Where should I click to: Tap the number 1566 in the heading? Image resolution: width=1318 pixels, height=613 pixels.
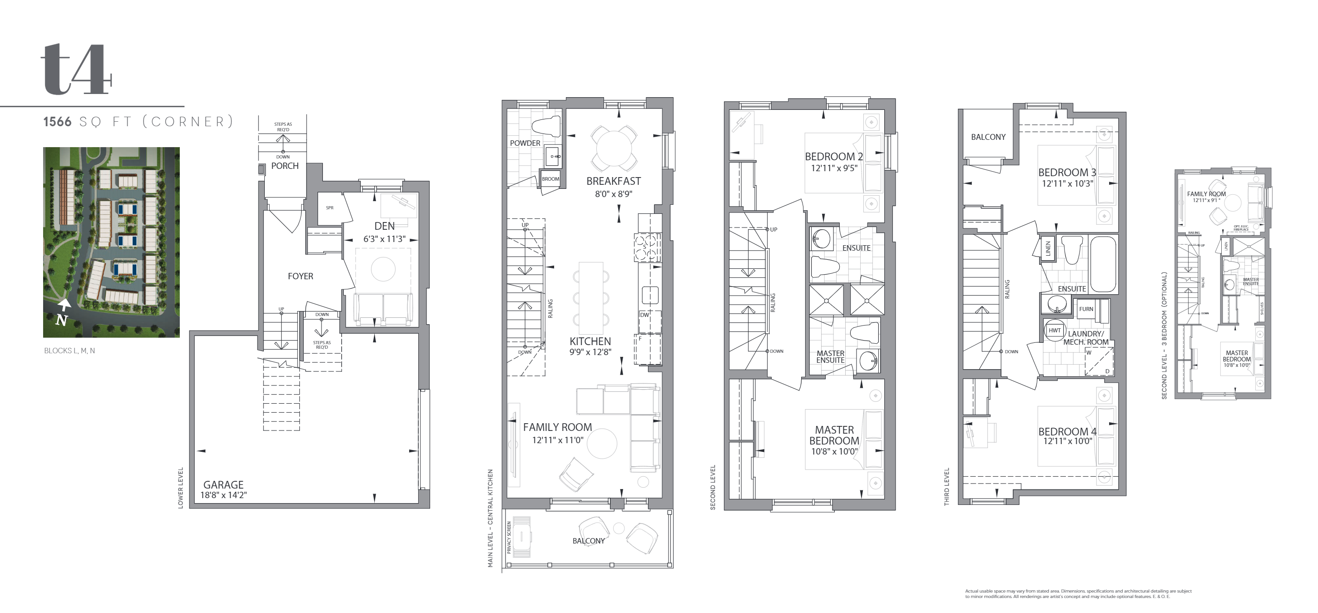(57, 122)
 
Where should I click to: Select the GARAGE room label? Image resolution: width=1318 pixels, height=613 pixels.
(223, 484)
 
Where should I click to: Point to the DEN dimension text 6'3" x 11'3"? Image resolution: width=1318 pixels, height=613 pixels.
(384, 239)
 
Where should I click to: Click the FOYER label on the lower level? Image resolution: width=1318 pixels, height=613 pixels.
(300, 277)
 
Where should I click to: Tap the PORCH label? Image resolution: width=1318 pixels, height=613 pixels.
(284, 166)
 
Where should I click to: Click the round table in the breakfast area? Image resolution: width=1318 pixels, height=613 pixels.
(614, 148)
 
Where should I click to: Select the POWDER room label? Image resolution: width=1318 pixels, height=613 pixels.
(525, 143)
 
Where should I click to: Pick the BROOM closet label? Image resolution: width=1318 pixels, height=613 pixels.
(550, 179)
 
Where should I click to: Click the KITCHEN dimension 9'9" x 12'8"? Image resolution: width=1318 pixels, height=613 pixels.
(590, 352)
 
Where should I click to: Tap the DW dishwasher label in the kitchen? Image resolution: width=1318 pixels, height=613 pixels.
(644, 315)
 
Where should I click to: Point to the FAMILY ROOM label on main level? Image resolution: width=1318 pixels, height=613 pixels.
(557, 427)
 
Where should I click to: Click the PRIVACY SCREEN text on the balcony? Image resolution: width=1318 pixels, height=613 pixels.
(509, 537)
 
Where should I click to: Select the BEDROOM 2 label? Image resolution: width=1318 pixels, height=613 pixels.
(833, 157)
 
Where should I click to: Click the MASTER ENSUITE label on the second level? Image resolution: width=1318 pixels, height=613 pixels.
(830, 356)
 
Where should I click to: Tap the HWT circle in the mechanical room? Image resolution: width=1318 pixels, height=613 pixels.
(1055, 331)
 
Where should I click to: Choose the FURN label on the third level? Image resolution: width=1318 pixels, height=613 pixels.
(1086, 309)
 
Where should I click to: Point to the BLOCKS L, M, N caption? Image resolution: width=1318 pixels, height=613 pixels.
(69, 351)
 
